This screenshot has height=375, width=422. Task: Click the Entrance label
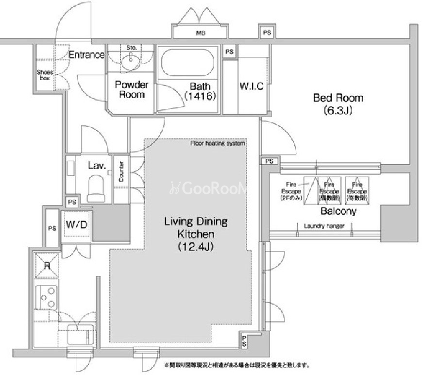(x=86, y=55)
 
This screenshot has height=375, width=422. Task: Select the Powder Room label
(x=132, y=89)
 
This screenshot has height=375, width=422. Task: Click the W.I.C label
(x=252, y=86)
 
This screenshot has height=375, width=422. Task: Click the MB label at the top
(x=200, y=34)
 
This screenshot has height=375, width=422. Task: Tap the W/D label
(x=76, y=225)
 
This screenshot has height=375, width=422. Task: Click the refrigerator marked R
(x=47, y=266)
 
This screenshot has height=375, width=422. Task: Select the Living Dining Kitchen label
(x=195, y=234)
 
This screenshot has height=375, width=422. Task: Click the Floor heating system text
(x=218, y=143)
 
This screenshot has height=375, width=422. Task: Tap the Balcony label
(x=338, y=211)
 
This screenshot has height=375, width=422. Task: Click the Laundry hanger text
(x=324, y=226)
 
